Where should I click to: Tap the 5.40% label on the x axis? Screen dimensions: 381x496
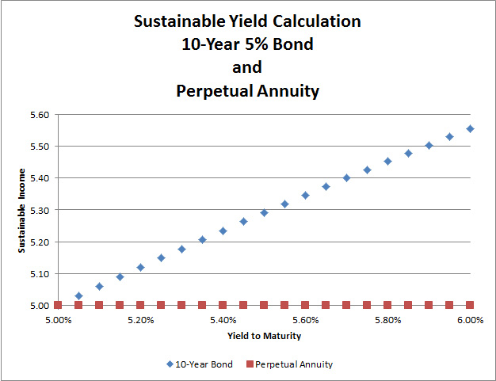[x=223, y=321]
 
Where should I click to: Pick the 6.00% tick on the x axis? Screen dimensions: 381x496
[x=470, y=321]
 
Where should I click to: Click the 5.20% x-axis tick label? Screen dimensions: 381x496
[x=140, y=321]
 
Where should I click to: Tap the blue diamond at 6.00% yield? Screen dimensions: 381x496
[x=470, y=128]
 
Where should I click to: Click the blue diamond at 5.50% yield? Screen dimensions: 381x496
[x=264, y=212]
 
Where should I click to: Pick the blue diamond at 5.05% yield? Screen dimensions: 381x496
[x=78, y=295]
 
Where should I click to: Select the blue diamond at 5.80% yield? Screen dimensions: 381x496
[x=387, y=161]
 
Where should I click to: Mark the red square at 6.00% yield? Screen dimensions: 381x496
[x=470, y=305]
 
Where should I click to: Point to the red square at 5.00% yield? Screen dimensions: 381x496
[x=58, y=305]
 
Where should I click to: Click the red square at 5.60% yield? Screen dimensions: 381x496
[x=305, y=305]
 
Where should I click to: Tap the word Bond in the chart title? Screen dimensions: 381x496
[x=292, y=44]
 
